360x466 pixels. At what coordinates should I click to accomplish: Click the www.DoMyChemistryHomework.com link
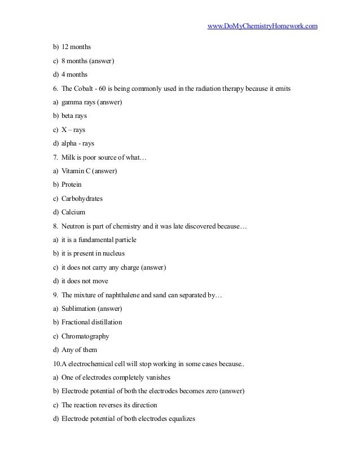click(263, 26)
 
